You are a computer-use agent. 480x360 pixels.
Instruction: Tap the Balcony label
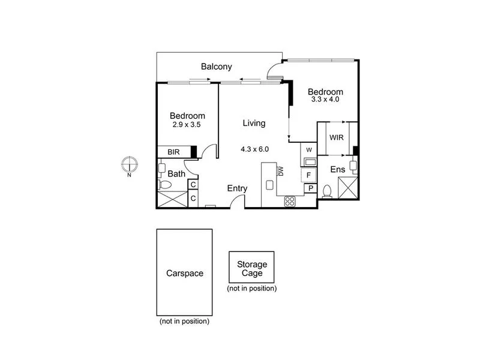point(216,67)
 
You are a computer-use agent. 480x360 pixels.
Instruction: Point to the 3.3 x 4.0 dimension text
point(325,100)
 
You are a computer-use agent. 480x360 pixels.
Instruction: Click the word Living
point(254,123)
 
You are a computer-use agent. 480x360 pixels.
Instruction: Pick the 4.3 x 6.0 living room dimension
point(254,149)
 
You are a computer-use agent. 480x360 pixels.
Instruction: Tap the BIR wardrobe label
point(174,152)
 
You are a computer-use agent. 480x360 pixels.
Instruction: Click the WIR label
point(336,137)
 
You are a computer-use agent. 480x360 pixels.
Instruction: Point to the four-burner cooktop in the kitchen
point(290,200)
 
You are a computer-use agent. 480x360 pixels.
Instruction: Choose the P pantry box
point(311,188)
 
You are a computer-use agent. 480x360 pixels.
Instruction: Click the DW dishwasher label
point(280,172)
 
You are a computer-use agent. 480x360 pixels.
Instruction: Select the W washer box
point(308,149)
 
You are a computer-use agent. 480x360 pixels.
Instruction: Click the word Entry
point(237,188)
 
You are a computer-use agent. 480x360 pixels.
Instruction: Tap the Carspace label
point(184,273)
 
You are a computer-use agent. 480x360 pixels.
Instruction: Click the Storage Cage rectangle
point(251,267)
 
